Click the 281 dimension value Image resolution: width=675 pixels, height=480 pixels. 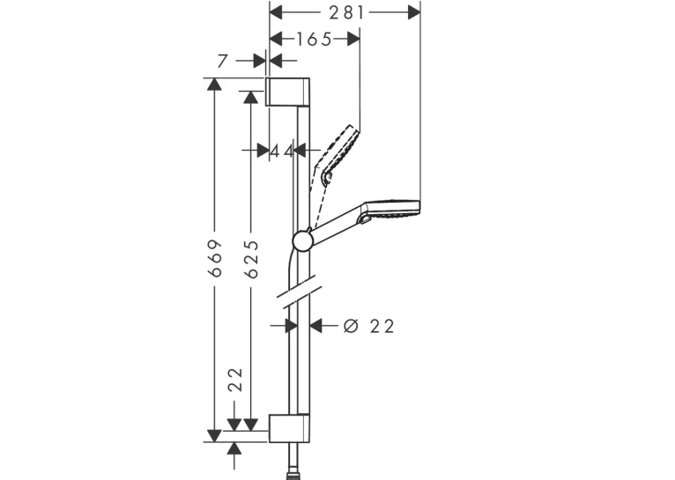point(346,13)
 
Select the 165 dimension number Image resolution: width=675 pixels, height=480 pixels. point(315,40)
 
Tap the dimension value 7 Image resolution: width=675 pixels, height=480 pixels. point(222,61)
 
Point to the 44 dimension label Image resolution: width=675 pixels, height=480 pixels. point(281,151)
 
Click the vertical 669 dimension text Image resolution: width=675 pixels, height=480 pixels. point(215,258)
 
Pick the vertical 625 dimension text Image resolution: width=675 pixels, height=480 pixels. point(251,259)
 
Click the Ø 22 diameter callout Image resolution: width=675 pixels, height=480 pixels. point(369,327)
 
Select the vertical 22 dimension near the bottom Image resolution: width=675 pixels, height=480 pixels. point(235,380)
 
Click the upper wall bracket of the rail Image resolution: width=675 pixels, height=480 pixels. point(287,92)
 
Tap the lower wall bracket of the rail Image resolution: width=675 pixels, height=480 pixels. point(289,428)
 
